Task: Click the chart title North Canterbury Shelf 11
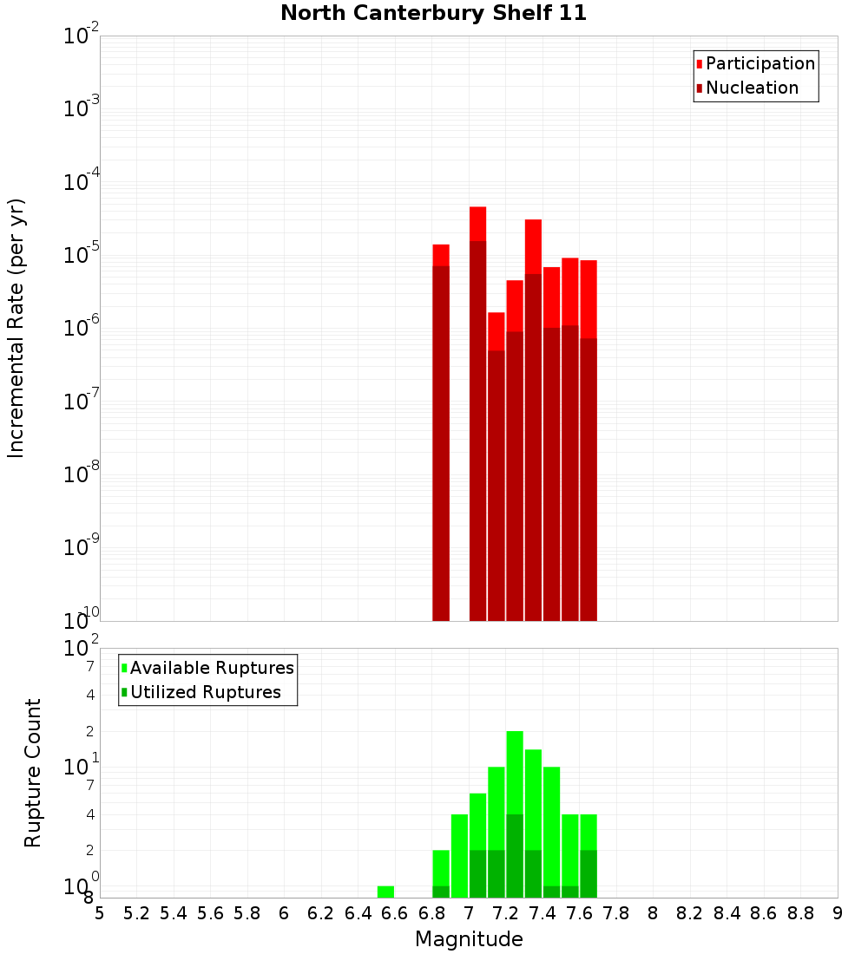click(434, 14)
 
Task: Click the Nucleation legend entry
click(751, 88)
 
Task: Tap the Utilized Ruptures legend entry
click(205, 692)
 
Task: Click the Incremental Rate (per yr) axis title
click(16, 329)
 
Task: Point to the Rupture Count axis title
click(33, 773)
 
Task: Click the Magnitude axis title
click(469, 939)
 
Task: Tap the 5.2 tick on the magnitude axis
click(136, 913)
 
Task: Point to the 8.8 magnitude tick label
click(800, 913)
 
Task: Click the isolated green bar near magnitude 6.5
click(385, 892)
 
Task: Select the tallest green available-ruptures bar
click(515, 772)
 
